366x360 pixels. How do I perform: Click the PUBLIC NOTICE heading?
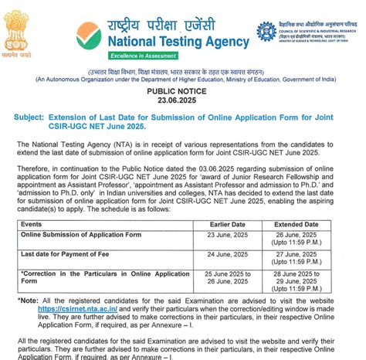point(182,90)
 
